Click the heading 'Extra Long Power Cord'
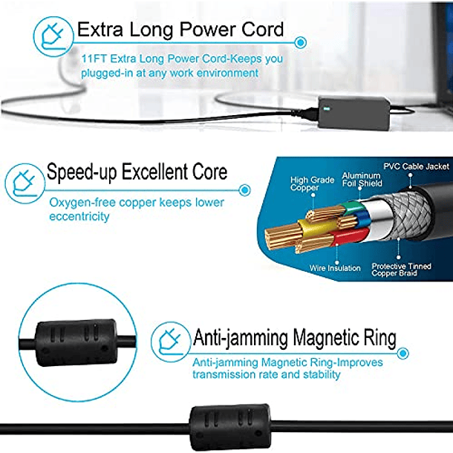coord(180,30)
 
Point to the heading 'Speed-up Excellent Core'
coord(137,174)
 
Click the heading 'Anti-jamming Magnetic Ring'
coord(294,339)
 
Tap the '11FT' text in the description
coord(94,58)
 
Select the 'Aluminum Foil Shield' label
coord(362,179)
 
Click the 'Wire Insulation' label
coord(336,268)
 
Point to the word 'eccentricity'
coord(79,217)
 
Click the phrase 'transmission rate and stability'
coord(266,375)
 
